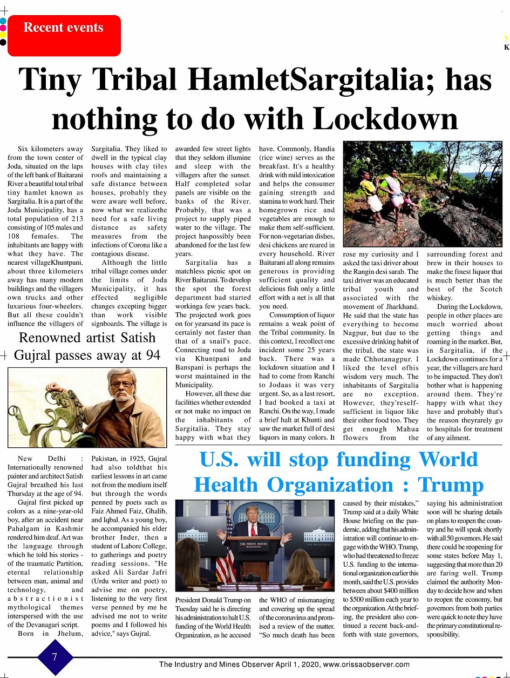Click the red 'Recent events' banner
64,35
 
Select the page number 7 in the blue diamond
55,657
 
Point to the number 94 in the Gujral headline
149,355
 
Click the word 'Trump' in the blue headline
451,485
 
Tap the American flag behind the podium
225,551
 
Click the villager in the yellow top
369,189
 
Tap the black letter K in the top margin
506,47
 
